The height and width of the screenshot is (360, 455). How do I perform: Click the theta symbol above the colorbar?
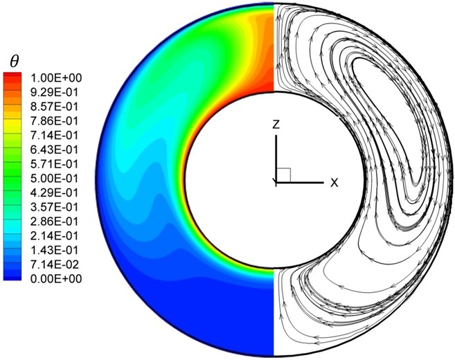point(14,62)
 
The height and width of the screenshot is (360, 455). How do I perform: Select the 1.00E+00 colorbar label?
point(56,78)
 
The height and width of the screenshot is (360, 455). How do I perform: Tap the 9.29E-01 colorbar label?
point(54,93)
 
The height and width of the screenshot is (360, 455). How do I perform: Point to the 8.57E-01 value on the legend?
point(54,107)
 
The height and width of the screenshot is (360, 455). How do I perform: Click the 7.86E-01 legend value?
point(54,121)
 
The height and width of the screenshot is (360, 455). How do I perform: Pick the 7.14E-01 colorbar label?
point(54,136)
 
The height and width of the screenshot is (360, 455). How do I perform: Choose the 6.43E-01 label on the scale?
point(54,150)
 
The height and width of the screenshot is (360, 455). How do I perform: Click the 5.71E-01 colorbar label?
point(54,164)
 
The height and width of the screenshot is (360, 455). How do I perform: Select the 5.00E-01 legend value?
point(54,179)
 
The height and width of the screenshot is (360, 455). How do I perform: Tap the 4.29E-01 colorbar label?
point(54,193)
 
